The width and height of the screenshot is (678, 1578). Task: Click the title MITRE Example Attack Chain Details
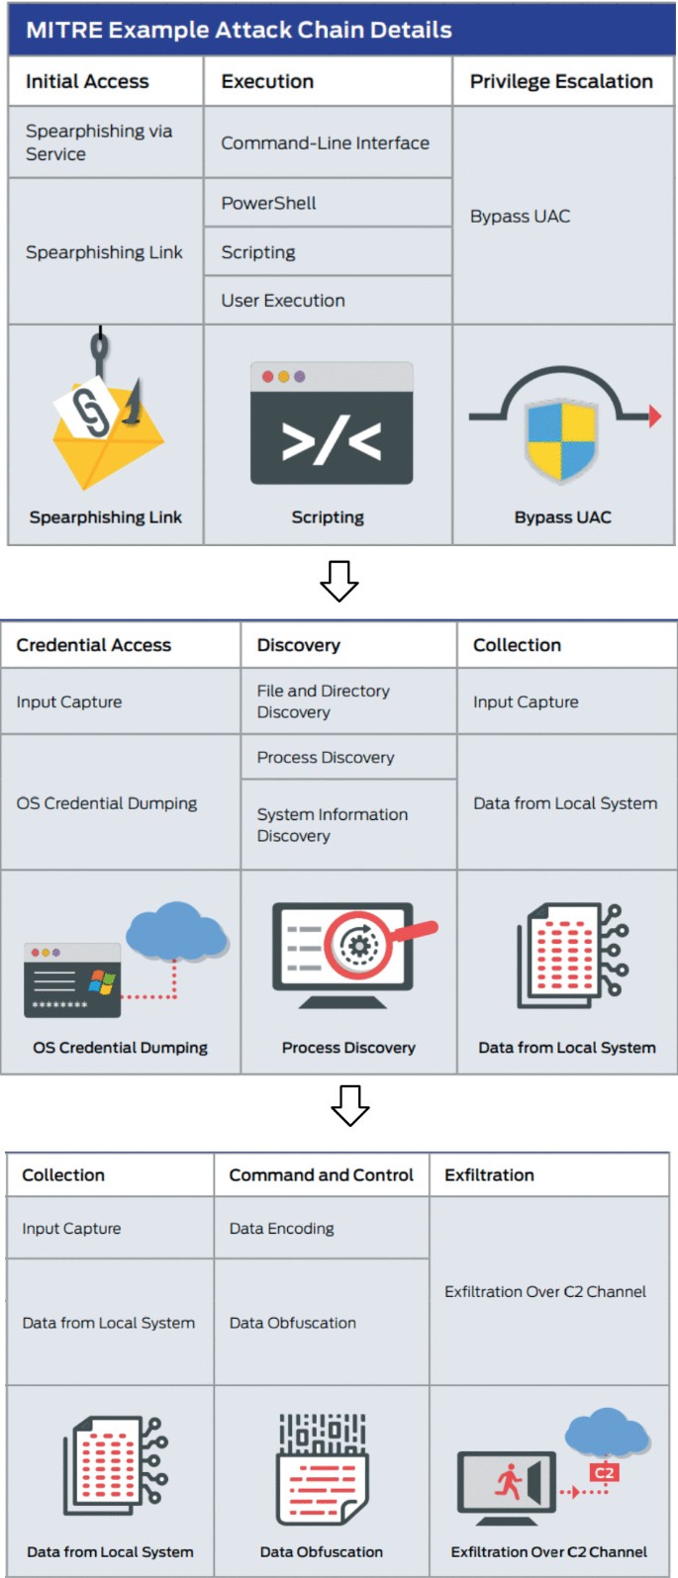click(239, 30)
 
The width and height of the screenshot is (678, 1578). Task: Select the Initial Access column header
click(87, 82)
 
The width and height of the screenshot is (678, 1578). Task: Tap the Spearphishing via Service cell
click(99, 142)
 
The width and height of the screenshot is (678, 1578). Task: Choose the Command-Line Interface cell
click(325, 143)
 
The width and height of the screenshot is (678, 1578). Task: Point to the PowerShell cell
click(268, 203)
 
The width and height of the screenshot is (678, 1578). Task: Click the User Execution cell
click(283, 301)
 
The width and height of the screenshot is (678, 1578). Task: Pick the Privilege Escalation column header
click(561, 82)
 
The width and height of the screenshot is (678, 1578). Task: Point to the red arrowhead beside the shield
click(654, 417)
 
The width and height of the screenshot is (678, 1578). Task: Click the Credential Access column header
click(93, 645)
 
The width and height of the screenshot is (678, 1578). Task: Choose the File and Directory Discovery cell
click(323, 701)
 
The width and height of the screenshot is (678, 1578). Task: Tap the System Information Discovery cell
click(332, 825)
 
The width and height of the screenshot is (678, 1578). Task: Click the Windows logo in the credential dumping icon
click(102, 981)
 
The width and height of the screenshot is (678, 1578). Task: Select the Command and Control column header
click(321, 1175)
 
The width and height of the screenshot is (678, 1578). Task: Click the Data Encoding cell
click(281, 1229)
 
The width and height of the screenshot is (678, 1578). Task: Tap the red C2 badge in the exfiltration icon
click(604, 1472)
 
